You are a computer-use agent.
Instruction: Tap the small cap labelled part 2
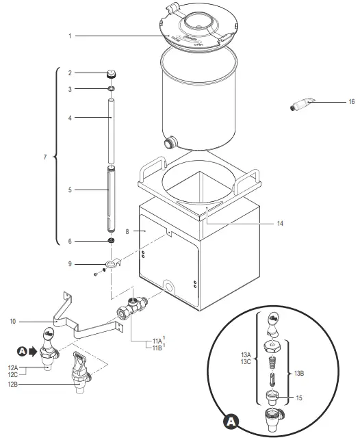[110, 73]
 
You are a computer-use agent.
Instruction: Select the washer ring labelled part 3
[110, 89]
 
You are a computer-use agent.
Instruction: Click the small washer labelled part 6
[110, 241]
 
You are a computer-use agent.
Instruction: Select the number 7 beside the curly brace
[44, 157]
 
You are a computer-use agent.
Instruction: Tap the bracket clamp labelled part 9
[112, 263]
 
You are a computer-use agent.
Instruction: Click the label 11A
[156, 340]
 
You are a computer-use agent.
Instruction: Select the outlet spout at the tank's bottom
[170, 143]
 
